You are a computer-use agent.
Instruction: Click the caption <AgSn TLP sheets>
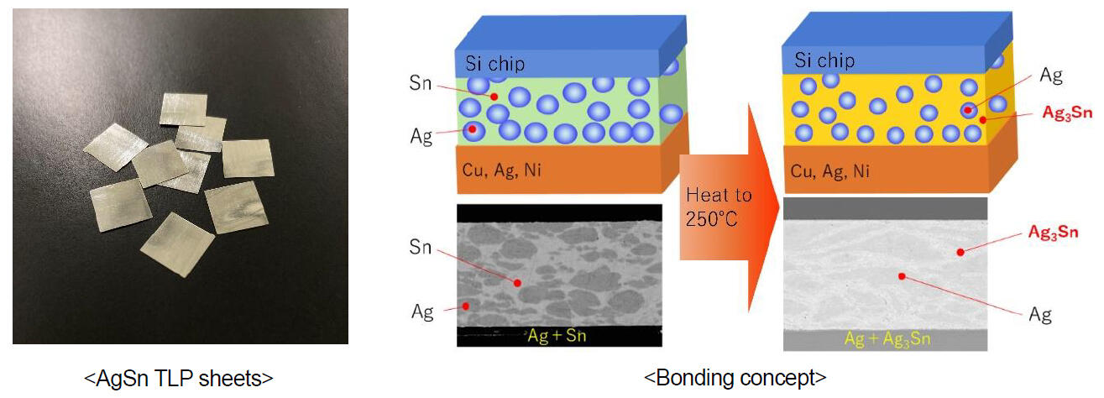point(178,378)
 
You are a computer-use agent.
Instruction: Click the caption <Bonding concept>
point(735,378)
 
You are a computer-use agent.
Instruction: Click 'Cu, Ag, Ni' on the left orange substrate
point(501,170)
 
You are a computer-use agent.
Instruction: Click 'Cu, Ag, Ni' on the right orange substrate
point(829,171)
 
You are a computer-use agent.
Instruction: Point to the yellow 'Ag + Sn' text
point(558,336)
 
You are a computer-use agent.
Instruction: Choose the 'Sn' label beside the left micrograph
point(421,247)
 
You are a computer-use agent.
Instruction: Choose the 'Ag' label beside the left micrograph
point(421,312)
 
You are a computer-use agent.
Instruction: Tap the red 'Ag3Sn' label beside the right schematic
point(1066,113)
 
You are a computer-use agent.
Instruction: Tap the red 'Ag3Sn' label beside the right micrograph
point(1053,232)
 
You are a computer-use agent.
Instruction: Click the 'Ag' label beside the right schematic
point(1051,76)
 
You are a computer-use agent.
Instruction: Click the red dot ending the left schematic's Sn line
point(481,97)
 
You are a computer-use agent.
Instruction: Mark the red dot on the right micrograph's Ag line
point(900,275)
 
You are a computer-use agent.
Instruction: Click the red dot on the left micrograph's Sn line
point(518,284)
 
